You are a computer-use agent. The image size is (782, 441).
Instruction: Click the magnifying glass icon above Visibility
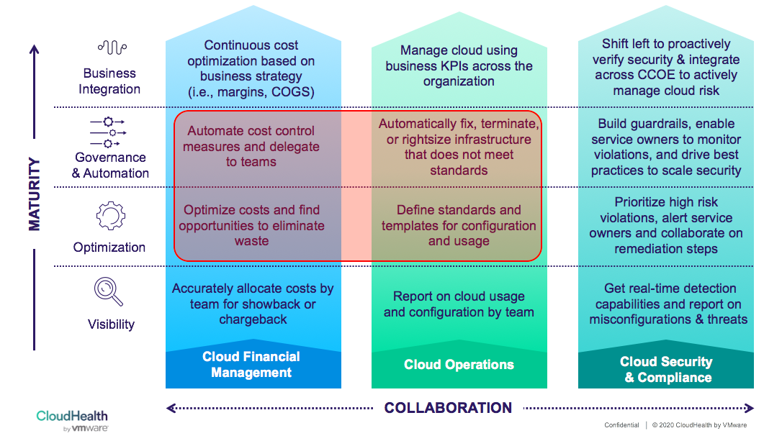108,291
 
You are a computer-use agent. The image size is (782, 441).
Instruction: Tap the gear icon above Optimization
110,215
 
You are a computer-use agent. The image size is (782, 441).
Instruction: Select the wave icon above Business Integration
112,48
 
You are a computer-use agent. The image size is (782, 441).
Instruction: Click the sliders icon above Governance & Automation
108,132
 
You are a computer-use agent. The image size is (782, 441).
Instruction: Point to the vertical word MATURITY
34,194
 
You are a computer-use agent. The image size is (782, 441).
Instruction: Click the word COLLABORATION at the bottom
448,408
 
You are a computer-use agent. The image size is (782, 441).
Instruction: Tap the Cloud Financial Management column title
251,365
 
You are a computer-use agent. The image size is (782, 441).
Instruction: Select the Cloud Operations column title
459,365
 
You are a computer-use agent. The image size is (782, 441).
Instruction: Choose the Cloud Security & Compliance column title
666,369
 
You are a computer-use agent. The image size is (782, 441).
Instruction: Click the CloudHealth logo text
72,416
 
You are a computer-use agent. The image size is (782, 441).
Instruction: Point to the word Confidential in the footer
621,425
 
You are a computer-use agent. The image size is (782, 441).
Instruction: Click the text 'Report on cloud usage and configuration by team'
459,304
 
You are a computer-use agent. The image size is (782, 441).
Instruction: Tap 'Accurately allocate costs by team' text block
253,304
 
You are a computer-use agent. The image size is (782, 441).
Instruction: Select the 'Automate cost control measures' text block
251,146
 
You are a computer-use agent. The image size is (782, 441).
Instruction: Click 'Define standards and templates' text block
459,225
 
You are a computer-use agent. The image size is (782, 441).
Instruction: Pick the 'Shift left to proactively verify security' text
666,67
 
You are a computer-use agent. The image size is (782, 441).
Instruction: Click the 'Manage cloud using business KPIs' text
459,65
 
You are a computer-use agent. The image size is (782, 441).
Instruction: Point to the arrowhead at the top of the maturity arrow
34,50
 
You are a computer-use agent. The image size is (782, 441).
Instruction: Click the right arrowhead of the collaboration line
750,408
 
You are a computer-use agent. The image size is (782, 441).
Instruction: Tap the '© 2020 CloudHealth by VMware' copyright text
699,425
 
